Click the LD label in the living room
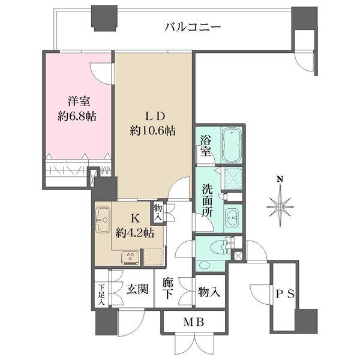click(x=153, y=115)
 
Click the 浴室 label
click(x=204, y=146)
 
